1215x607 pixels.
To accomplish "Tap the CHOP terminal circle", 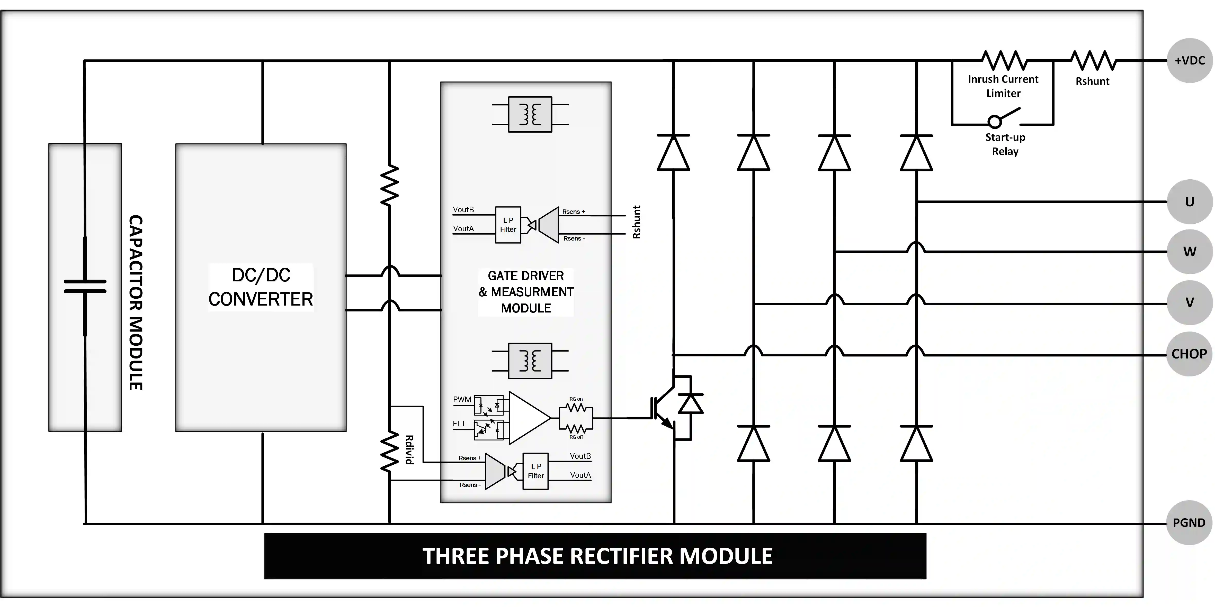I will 1189,354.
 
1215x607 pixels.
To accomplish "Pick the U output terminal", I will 1189,202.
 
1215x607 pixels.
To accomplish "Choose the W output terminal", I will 1189,252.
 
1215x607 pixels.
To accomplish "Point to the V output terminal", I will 1189,302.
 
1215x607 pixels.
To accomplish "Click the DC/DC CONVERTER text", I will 261,287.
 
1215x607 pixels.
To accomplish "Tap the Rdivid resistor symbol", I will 390,452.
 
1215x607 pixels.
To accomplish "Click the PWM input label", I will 462,399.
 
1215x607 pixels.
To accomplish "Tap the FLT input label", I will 459,424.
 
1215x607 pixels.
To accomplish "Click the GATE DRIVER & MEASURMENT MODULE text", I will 526,292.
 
